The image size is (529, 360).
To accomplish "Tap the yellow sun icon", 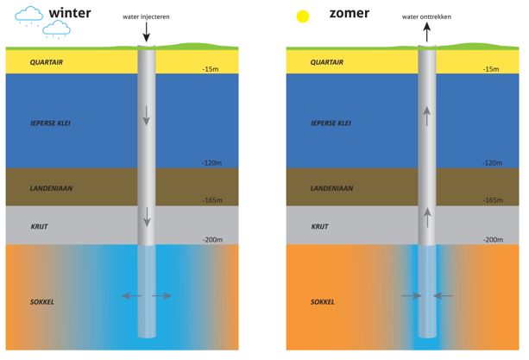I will tap(302, 16).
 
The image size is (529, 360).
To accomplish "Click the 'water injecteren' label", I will tap(147, 17).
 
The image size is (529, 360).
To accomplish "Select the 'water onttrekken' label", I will tap(425, 17).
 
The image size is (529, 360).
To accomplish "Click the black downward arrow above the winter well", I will tap(147, 33).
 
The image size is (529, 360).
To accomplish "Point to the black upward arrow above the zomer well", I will tap(426, 33).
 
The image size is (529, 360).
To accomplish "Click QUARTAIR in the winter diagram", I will tap(47, 62).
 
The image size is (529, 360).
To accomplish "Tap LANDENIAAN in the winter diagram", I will tap(51, 187).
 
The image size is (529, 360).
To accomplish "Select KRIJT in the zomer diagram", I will tap(319, 227).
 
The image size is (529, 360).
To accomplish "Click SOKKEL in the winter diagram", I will tap(42, 302).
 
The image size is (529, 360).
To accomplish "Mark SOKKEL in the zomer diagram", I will tap(323, 302).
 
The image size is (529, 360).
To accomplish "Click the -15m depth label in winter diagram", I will tap(211, 69).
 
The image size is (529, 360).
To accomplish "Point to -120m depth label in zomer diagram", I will tap(492, 162).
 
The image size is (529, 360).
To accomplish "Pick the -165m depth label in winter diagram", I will tap(212, 200).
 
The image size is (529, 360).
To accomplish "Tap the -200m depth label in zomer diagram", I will tap(493, 239).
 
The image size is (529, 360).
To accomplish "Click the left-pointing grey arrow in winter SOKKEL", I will tap(131, 296).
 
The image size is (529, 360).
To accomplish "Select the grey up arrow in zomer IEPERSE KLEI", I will tap(426, 116).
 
